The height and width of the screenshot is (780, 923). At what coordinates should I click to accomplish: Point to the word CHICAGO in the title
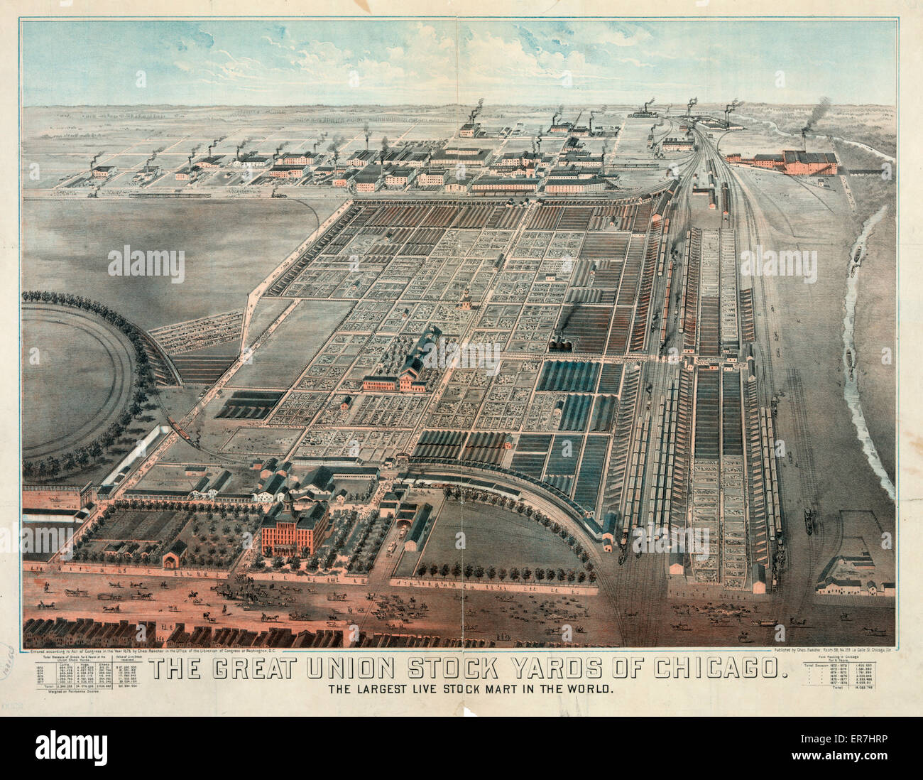[718, 669]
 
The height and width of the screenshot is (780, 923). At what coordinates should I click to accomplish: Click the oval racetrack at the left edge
[71, 380]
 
